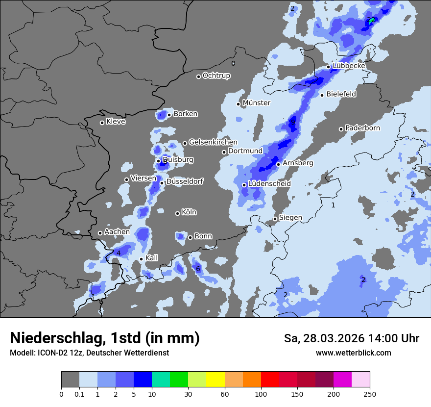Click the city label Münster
click(256, 103)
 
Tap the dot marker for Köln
click(177, 213)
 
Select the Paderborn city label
click(362, 128)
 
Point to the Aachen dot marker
click(100, 233)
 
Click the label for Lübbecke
click(349, 66)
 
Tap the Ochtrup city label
click(216, 76)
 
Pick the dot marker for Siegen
click(275, 219)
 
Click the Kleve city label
click(116, 122)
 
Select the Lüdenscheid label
click(269, 184)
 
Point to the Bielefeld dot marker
click(322, 95)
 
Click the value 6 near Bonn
click(198, 269)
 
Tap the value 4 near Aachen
click(119, 253)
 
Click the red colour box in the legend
click(270, 380)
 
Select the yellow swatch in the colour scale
click(215, 380)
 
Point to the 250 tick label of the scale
click(370, 394)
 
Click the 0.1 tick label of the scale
click(79, 394)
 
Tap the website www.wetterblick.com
click(353, 353)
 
